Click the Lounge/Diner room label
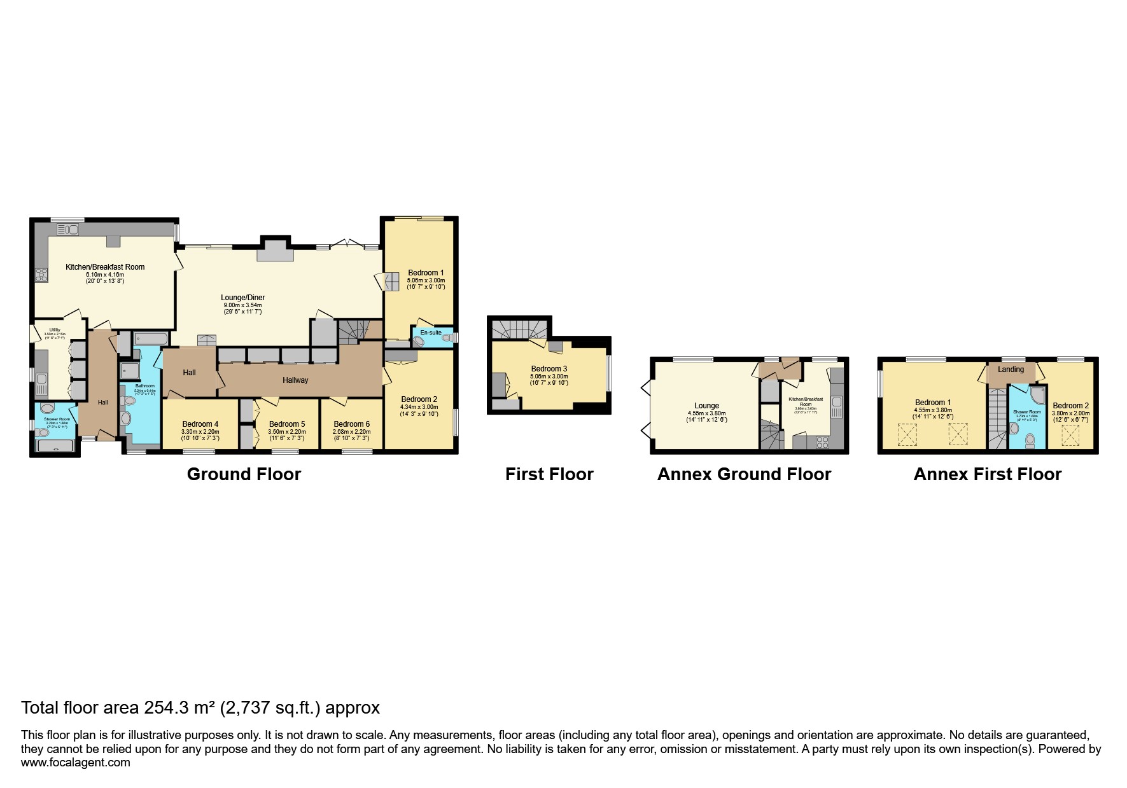click(x=242, y=298)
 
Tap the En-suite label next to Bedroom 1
click(x=431, y=333)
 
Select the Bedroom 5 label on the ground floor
click(x=287, y=424)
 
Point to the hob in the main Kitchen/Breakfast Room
click(x=41, y=275)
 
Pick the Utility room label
click(x=54, y=329)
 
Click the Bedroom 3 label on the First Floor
click(x=549, y=369)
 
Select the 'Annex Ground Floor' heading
click(x=744, y=474)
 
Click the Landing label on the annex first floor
click(x=1011, y=370)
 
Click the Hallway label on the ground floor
click(x=295, y=380)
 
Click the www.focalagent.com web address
click(x=76, y=763)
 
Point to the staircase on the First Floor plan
click(x=519, y=329)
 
